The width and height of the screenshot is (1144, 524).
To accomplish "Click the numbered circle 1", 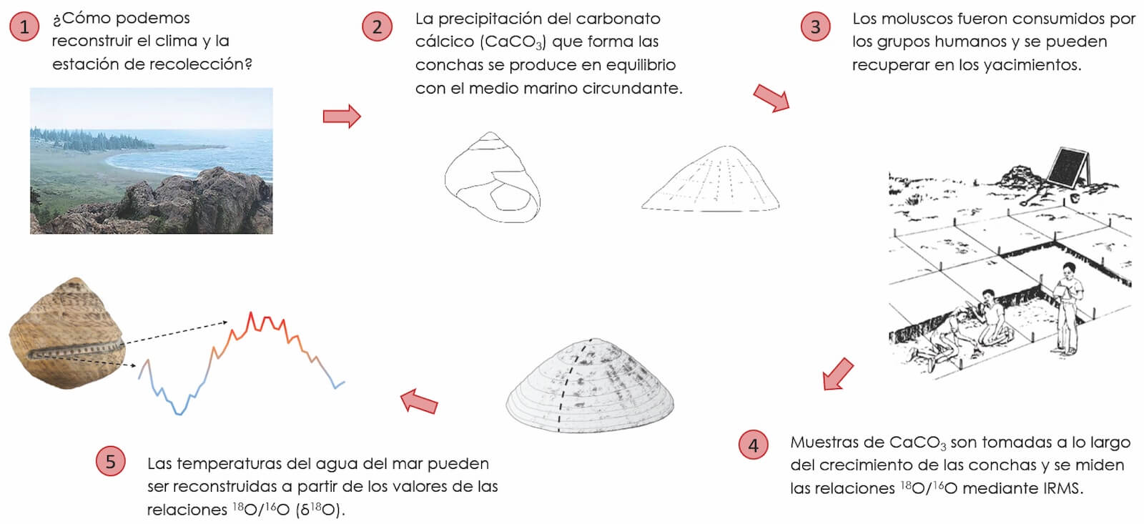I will tap(24, 27).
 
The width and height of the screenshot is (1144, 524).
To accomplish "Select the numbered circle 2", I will tap(377, 27).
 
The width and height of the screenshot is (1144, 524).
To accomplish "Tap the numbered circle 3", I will tap(815, 27).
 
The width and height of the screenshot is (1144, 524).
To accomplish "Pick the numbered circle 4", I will tap(753, 445).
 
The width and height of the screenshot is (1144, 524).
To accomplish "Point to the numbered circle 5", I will tap(110, 461).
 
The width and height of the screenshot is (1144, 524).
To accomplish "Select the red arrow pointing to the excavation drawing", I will tap(771, 98).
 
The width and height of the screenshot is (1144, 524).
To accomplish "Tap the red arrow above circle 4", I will tap(837, 374).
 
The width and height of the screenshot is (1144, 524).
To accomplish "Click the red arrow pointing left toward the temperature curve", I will tap(419, 402).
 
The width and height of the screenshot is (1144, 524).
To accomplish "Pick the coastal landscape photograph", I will tap(152, 161).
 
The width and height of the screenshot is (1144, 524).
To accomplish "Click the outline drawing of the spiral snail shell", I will tap(492, 177).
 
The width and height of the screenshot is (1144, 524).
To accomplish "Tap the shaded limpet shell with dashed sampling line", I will tap(590, 386).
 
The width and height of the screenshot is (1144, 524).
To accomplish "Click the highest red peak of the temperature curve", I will tap(251, 313).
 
